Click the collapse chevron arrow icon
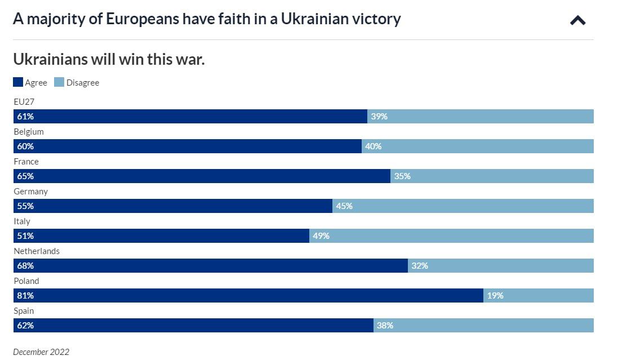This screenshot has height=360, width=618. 577,21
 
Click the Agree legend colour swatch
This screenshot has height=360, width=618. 18,82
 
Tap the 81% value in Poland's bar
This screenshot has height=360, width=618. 25,295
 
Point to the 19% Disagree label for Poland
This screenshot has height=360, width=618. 495,295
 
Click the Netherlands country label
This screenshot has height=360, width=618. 37,251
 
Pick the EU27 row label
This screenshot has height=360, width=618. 24,102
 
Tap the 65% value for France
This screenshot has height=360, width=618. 25,176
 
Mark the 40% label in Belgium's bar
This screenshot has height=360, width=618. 373,146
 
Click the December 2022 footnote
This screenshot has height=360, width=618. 41,352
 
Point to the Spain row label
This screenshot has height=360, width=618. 24,311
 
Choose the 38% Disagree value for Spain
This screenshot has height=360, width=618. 385,325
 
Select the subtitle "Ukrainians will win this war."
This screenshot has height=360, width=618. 109,59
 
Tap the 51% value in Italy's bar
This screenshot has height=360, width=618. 25,235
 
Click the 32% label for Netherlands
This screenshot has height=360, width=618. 420,265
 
